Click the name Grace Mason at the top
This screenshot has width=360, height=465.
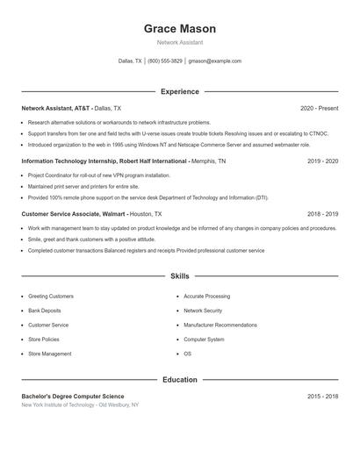click(x=179, y=29)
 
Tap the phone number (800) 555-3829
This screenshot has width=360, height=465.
click(x=165, y=61)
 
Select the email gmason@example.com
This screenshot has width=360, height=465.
click(x=216, y=61)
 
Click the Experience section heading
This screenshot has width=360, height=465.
click(x=179, y=91)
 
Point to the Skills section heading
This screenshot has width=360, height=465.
click(x=179, y=276)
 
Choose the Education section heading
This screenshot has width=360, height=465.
click(x=179, y=380)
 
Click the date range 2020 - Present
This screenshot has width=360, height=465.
click(x=319, y=108)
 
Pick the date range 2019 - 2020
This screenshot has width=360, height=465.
click(x=322, y=161)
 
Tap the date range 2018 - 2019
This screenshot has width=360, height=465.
click(x=322, y=214)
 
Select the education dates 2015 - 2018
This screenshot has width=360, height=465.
click(x=322, y=397)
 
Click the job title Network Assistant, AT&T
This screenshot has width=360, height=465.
click(x=56, y=108)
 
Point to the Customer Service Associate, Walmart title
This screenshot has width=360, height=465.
click(x=74, y=214)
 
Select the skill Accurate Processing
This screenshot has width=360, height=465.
click(x=206, y=297)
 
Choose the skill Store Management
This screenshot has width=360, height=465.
click(x=50, y=354)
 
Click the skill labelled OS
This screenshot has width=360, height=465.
click(x=187, y=354)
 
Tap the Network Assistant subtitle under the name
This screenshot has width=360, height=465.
click(x=179, y=42)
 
